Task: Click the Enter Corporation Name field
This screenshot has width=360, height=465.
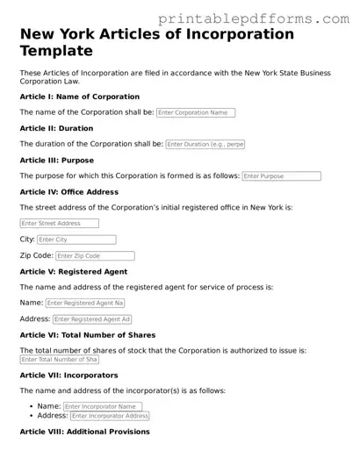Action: point(196,112)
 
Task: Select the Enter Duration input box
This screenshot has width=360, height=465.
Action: point(205,144)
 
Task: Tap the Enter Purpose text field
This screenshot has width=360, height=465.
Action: point(281,175)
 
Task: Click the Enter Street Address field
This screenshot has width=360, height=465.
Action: point(59,224)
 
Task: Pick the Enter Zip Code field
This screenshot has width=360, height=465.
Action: point(95,256)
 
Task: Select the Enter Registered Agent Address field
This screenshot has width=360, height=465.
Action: point(92,319)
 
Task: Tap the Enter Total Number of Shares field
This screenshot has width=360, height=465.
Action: point(59,359)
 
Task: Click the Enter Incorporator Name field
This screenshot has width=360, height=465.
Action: point(103,406)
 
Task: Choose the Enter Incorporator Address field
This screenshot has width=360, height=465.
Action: point(106,416)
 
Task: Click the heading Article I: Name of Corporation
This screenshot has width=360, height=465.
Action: point(79,97)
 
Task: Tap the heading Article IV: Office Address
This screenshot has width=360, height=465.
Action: point(68,191)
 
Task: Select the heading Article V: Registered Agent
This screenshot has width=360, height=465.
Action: point(73,271)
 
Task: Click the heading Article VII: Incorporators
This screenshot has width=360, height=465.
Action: point(68,375)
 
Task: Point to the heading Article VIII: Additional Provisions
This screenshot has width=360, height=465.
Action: point(84,432)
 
